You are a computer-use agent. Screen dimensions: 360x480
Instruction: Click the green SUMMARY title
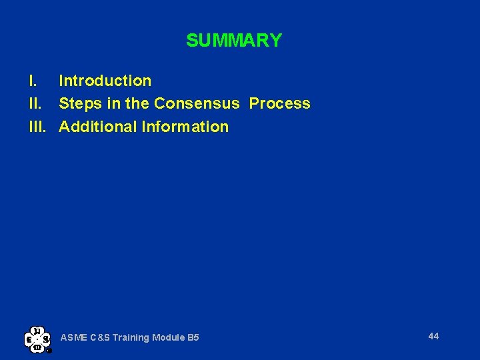(234, 41)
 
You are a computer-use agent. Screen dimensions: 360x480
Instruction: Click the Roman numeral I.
(31, 81)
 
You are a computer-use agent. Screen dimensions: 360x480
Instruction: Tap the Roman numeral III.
(37, 126)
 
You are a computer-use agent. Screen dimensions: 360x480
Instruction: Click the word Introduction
(105, 81)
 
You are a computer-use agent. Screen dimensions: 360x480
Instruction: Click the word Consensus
(196, 103)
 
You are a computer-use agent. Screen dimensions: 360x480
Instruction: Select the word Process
(280, 103)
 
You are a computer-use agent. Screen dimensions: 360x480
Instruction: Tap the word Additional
(97, 126)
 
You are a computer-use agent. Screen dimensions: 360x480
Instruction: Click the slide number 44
(433, 336)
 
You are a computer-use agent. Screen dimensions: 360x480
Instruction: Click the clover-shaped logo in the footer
(37, 339)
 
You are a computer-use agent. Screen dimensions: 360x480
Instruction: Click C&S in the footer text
(97, 337)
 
